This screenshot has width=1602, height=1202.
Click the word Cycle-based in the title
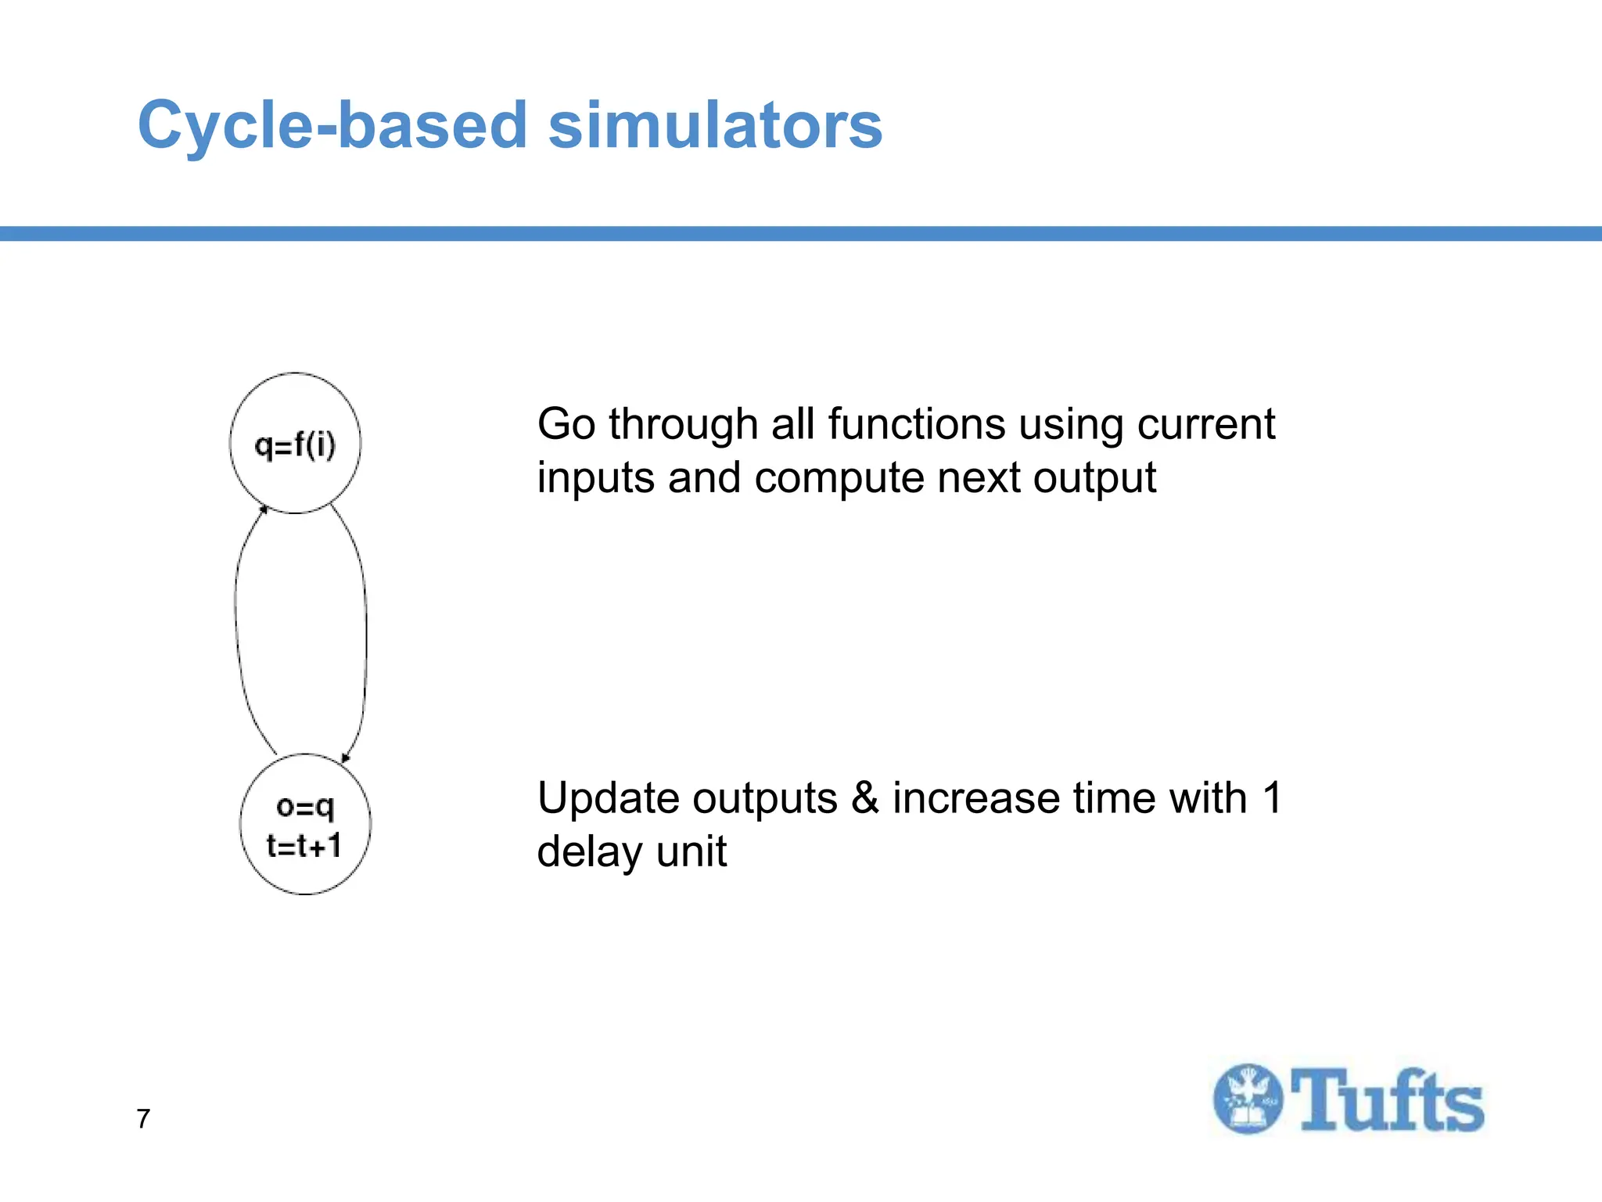pyautogui.click(x=332, y=125)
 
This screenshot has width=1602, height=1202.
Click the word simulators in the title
pyautogui.click(x=715, y=125)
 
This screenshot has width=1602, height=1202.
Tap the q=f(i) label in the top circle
pyautogui.click(x=295, y=446)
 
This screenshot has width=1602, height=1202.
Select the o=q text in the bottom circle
pyautogui.click(x=305, y=806)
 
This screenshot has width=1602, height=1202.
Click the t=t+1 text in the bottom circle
pyautogui.click(x=304, y=846)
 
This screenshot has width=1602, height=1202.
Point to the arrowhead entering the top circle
pyautogui.click(x=264, y=509)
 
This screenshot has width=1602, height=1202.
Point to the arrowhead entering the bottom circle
pyautogui.click(x=346, y=757)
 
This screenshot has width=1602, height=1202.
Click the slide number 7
pyautogui.click(x=143, y=1119)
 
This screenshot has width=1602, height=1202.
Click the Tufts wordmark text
pyautogui.click(x=1386, y=1100)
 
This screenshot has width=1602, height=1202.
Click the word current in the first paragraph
pyautogui.click(x=1205, y=425)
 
